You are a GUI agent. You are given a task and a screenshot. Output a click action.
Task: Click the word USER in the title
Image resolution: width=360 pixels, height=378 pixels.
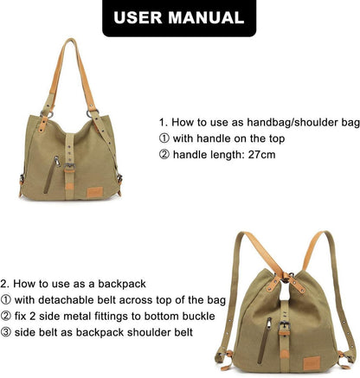click(x=138, y=18)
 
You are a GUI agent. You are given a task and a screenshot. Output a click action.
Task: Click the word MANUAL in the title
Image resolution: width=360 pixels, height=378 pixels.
click(x=207, y=18)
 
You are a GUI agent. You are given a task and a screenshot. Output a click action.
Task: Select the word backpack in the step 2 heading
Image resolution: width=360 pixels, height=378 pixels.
click(x=122, y=284)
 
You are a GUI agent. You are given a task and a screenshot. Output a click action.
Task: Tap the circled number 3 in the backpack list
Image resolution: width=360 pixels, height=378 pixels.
click(x=5, y=333)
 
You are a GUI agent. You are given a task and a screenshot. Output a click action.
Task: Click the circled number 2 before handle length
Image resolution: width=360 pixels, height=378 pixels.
click(x=164, y=155)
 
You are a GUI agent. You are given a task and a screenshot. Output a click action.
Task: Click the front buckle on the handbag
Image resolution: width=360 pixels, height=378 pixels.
click(x=69, y=167)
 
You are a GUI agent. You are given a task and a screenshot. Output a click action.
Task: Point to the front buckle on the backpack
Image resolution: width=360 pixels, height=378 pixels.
click(x=285, y=326)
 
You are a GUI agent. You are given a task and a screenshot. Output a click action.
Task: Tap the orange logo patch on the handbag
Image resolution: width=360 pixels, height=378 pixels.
click(x=95, y=192)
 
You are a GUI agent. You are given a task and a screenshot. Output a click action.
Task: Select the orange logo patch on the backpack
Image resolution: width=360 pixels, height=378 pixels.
click(x=312, y=363)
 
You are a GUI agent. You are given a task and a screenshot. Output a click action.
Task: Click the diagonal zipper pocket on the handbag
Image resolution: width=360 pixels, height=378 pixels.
click(x=51, y=175)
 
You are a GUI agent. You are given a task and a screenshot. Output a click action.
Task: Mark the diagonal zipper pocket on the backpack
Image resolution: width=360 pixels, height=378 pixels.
click(x=264, y=340)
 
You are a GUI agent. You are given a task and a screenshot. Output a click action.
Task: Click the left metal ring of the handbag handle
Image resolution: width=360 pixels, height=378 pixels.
click(x=47, y=114)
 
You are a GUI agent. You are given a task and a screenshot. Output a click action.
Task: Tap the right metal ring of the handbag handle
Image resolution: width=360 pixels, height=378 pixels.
click(x=93, y=113)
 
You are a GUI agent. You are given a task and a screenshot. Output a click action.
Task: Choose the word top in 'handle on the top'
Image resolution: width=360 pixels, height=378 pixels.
click(x=277, y=139)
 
